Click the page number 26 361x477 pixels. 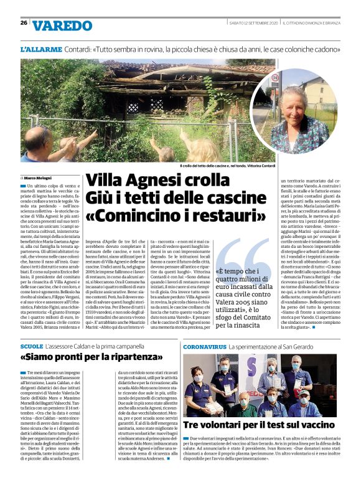click(24, 23)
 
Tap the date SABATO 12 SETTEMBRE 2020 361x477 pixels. click(250, 23)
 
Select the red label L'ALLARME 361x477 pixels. click(40, 49)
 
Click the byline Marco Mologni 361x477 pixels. click(37, 178)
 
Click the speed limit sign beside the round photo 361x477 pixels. click(274, 78)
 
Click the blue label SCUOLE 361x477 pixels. click(32, 345)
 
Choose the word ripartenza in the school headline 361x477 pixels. click(133, 358)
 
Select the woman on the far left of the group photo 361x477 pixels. click(198, 383)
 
